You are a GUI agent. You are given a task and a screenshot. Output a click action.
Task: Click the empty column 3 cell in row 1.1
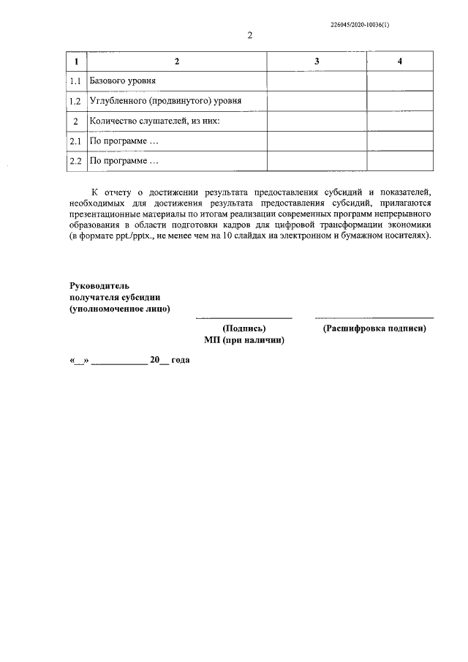point(316,80)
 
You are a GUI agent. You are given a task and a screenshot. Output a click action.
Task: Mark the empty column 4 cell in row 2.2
point(399,160)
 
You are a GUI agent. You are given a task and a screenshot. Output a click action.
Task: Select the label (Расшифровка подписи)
point(374,329)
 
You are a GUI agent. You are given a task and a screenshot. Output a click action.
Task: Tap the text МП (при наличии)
point(244,341)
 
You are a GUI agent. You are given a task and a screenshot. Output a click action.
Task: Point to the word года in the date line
point(180,361)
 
